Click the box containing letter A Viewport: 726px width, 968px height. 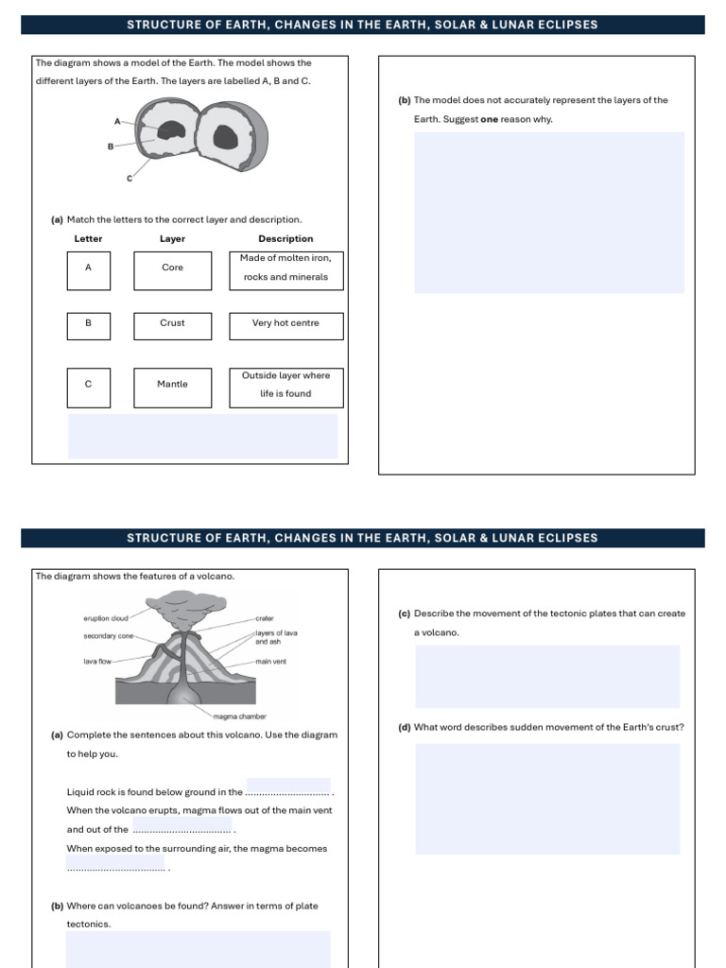click(89, 269)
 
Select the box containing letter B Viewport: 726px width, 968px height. click(89, 324)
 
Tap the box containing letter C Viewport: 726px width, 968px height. click(89, 387)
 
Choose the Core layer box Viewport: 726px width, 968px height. click(173, 269)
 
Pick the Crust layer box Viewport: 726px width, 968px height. click(173, 324)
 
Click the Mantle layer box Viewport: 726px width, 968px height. click(173, 387)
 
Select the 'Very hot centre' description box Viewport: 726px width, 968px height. click(286, 324)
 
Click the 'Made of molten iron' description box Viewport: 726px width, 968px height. click(286, 269)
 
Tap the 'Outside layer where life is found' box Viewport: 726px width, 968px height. click(286, 387)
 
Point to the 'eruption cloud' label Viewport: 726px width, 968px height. click(106, 618)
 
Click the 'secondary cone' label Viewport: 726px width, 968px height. click(109, 636)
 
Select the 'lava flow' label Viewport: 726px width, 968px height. click(98, 662)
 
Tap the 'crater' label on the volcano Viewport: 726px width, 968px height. click(265, 618)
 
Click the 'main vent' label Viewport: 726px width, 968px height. click(270, 662)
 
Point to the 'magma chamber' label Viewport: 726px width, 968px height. click(240, 717)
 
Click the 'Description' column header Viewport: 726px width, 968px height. click(285, 239)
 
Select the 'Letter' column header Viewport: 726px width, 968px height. click(89, 239)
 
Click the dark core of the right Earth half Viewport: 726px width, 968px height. click(225, 138)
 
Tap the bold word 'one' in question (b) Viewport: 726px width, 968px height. click(490, 120)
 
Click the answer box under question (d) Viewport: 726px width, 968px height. click(547, 799)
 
